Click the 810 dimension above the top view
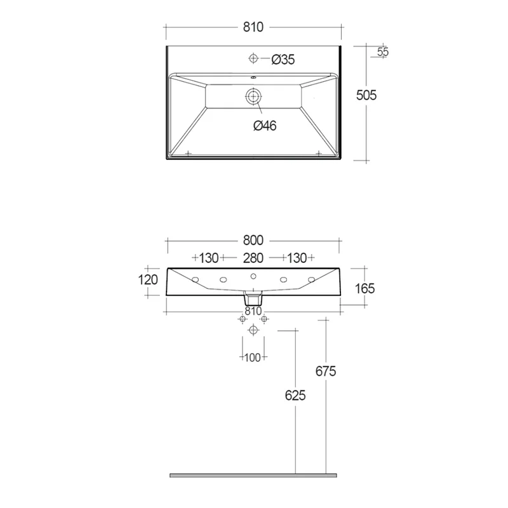253,27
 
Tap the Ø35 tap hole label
283,60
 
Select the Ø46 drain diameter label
265,126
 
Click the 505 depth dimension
366,95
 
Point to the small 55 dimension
383,51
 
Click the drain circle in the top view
253,97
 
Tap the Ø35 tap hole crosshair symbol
253,58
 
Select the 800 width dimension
253,241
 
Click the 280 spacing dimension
253,258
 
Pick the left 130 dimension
209,258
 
